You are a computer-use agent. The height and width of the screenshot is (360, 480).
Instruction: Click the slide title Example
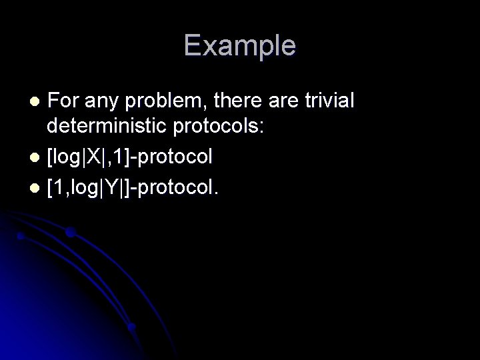(x=240, y=46)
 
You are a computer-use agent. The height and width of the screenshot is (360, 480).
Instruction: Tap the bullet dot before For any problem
(x=37, y=102)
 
